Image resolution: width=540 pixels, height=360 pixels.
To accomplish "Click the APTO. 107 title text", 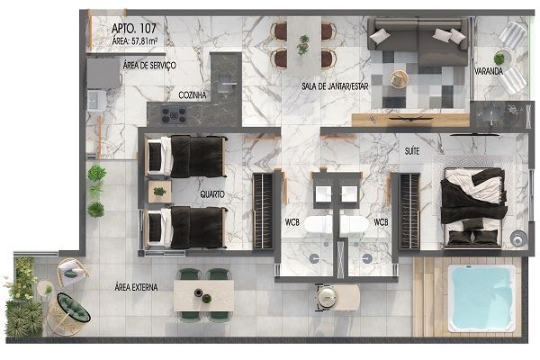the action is pyautogui.click(x=133, y=28).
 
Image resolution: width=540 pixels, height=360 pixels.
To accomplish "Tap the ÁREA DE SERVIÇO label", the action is pyautogui.click(x=149, y=65).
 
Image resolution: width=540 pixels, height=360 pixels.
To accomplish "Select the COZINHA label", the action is pyautogui.click(x=193, y=94).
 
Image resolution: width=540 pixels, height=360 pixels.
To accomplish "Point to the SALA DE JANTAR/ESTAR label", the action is pyautogui.click(x=335, y=86).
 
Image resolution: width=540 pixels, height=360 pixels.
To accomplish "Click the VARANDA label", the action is pyautogui.click(x=489, y=71).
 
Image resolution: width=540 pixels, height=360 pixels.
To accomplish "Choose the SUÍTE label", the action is pyautogui.click(x=412, y=151).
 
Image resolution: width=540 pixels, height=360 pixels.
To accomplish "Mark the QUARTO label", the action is pyautogui.click(x=212, y=194).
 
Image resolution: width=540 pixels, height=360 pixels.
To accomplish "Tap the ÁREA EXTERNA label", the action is pyautogui.click(x=136, y=287).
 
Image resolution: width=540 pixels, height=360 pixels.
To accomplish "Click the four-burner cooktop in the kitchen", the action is pyautogui.click(x=175, y=114).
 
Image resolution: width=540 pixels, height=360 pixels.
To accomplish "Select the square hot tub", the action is pyautogui.click(x=481, y=298).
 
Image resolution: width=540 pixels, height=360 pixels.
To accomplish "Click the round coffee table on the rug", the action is pyautogui.click(x=399, y=79).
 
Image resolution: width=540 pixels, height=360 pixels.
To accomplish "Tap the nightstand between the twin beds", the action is pyautogui.click(x=159, y=192).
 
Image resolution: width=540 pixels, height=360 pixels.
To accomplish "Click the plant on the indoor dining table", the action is pyautogui.click(x=303, y=44).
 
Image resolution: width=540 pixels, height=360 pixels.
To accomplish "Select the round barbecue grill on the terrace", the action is pyautogui.click(x=327, y=297).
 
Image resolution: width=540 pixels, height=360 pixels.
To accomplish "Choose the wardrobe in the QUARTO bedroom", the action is pyautogui.click(x=263, y=211).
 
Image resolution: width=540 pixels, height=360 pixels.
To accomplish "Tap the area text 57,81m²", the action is pyautogui.click(x=145, y=41).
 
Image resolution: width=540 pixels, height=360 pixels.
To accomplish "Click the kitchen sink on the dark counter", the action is pyautogui.click(x=227, y=84).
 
